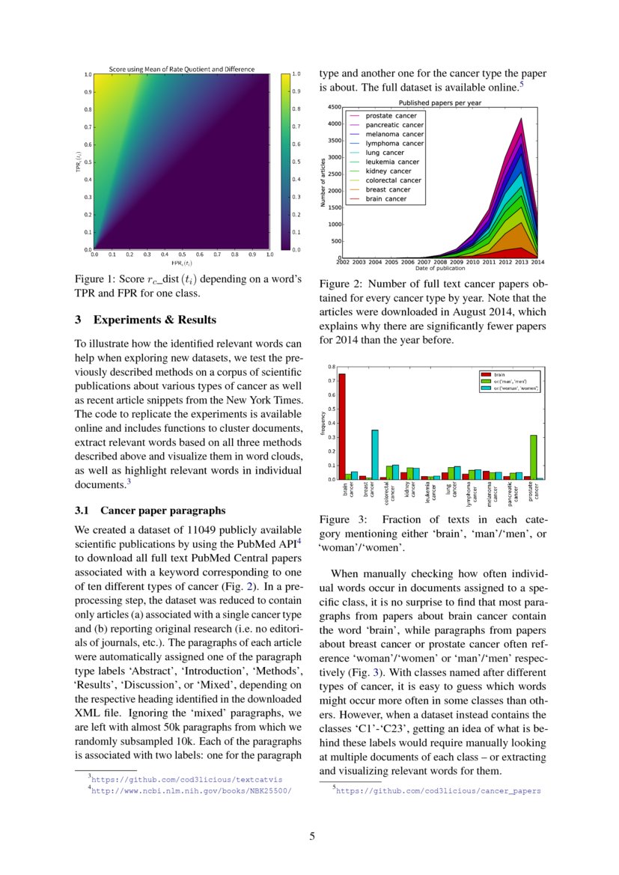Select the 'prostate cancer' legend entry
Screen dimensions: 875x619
pyautogui.click(x=391, y=116)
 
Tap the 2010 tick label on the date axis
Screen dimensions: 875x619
pyautogui.click(x=473, y=262)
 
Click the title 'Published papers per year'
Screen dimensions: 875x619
pyautogui.click(x=439, y=102)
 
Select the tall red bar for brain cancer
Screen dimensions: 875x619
pyautogui.click(x=342, y=426)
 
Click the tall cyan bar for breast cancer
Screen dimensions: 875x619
pyautogui.click(x=375, y=454)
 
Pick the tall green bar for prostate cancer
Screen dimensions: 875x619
pyautogui.click(x=534, y=457)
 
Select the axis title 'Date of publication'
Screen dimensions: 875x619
pyautogui.click(x=440, y=269)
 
